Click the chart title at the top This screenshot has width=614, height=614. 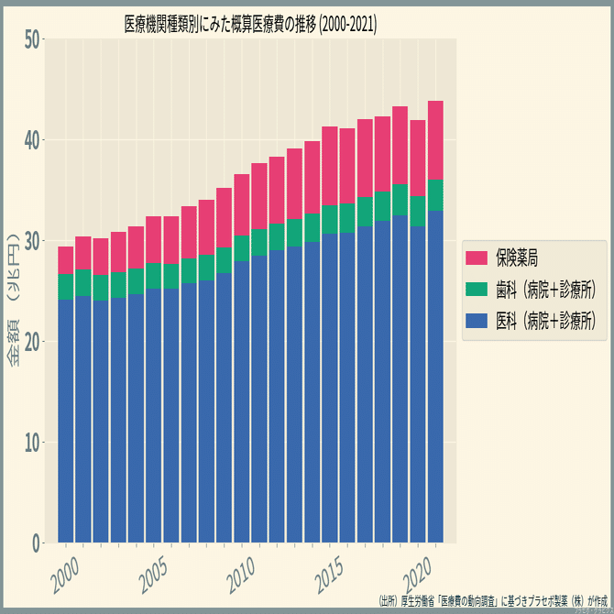coord(250,24)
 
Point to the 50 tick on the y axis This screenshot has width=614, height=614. coord(32,39)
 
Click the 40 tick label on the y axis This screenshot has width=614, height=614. coord(32,140)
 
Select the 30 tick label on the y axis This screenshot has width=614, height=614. coord(32,241)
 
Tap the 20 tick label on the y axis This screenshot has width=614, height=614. coord(32,342)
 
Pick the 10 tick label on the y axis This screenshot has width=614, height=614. coord(32,443)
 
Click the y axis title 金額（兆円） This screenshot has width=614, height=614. coord(16,303)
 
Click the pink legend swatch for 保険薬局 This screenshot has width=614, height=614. coord(477,258)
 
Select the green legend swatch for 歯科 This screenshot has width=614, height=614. coord(477,290)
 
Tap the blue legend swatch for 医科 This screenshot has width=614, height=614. coord(477,321)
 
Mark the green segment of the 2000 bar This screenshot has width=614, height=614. coord(66,287)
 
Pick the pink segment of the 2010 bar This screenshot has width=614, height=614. coord(242,205)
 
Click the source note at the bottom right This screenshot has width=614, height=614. coord(494,602)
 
